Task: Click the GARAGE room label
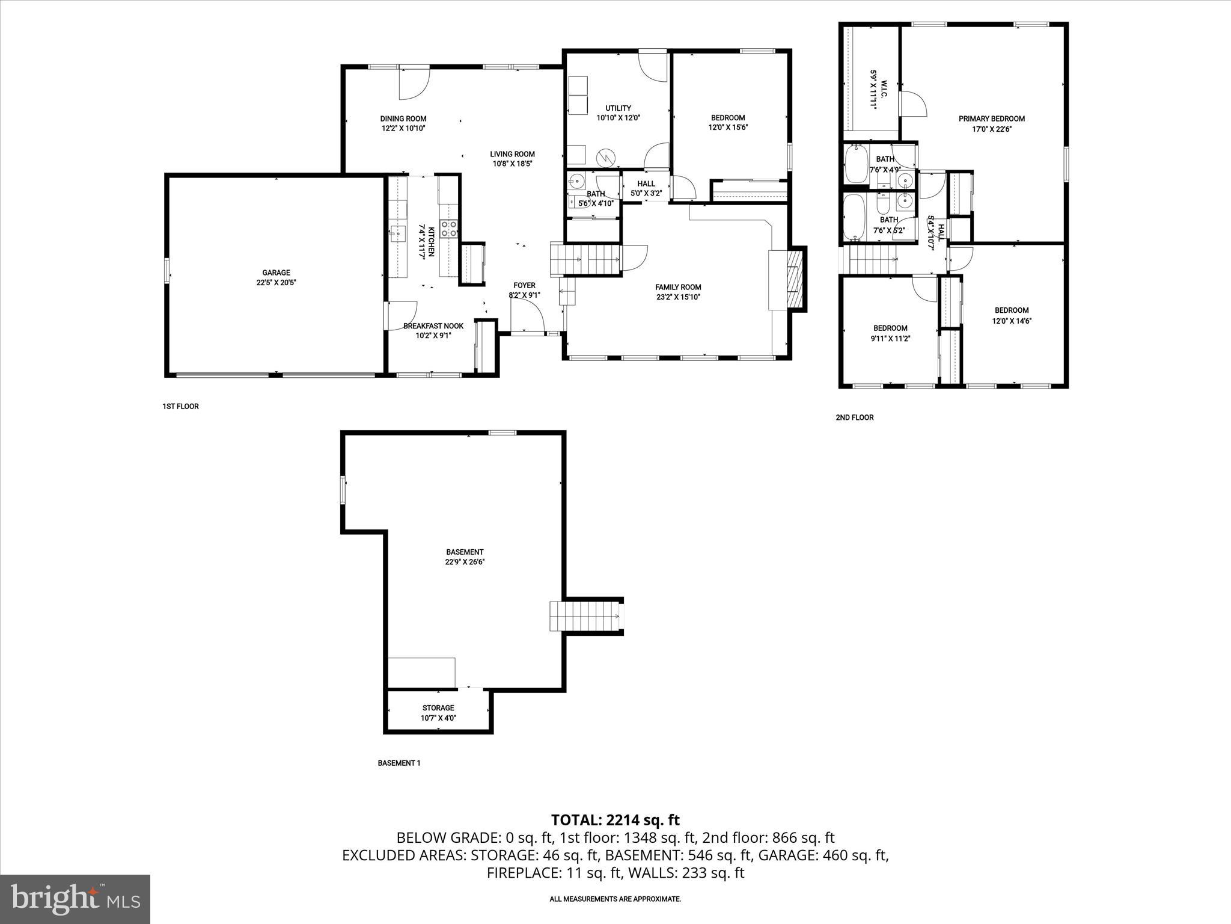pos(276,273)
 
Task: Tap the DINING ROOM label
pos(403,119)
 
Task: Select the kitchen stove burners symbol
pos(448,229)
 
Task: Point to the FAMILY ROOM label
pos(678,287)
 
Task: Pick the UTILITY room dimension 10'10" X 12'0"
pos(618,119)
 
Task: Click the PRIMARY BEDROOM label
pos(991,119)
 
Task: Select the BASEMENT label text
pos(465,552)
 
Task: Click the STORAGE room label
pos(438,707)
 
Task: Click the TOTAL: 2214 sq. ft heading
pos(615,819)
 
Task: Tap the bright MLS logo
pos(75,899)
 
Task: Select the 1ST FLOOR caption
pos(180,407)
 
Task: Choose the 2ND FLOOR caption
pos(854,417)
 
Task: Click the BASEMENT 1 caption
pos(399,763)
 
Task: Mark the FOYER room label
pos(524,285)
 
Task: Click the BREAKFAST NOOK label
pos(433,326)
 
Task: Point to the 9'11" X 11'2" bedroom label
pos(890,339)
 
